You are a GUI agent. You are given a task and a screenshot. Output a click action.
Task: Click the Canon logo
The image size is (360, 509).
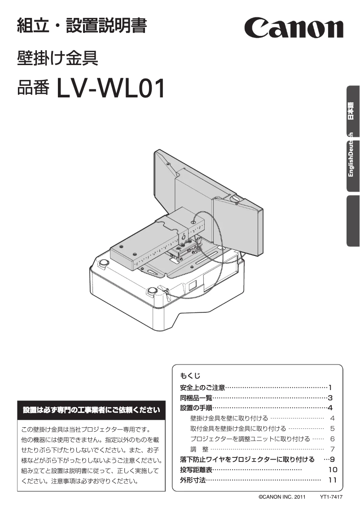click(x=294, y=27)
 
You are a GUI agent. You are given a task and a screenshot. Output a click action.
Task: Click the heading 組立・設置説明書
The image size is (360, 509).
click(x=81, y=26)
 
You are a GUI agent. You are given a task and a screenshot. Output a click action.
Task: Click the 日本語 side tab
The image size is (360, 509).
click(x=352, y=110)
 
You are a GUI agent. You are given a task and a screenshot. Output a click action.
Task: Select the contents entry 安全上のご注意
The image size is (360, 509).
click(x=202, y=387)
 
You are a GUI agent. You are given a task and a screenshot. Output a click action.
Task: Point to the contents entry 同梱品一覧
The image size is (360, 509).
click(x=196, y=397)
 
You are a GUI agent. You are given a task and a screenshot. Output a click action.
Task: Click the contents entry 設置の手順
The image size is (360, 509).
click(x=196, y=408)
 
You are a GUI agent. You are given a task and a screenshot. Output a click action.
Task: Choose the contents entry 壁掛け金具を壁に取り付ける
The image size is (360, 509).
click(x=229, y=418)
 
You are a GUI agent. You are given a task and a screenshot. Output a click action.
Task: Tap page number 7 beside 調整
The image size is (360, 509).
click(x=332, y=449)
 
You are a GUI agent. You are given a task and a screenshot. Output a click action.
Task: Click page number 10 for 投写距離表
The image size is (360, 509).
click(x=332, y=470)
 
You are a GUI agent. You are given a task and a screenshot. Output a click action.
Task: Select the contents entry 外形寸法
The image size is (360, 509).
click(x=193, y=480)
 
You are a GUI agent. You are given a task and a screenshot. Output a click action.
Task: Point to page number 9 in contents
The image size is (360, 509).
click(x=332, y=459)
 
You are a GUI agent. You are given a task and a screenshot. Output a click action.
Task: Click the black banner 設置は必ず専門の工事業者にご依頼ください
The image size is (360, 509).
click(x=91, y=409)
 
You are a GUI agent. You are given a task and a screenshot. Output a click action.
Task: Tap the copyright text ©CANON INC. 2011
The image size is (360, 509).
click(x=281, y=497)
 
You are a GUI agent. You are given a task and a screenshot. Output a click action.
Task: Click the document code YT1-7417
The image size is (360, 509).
click(x=331, y=497)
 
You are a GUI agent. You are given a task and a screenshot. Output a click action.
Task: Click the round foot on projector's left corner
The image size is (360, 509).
click(x=103, y=263)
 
